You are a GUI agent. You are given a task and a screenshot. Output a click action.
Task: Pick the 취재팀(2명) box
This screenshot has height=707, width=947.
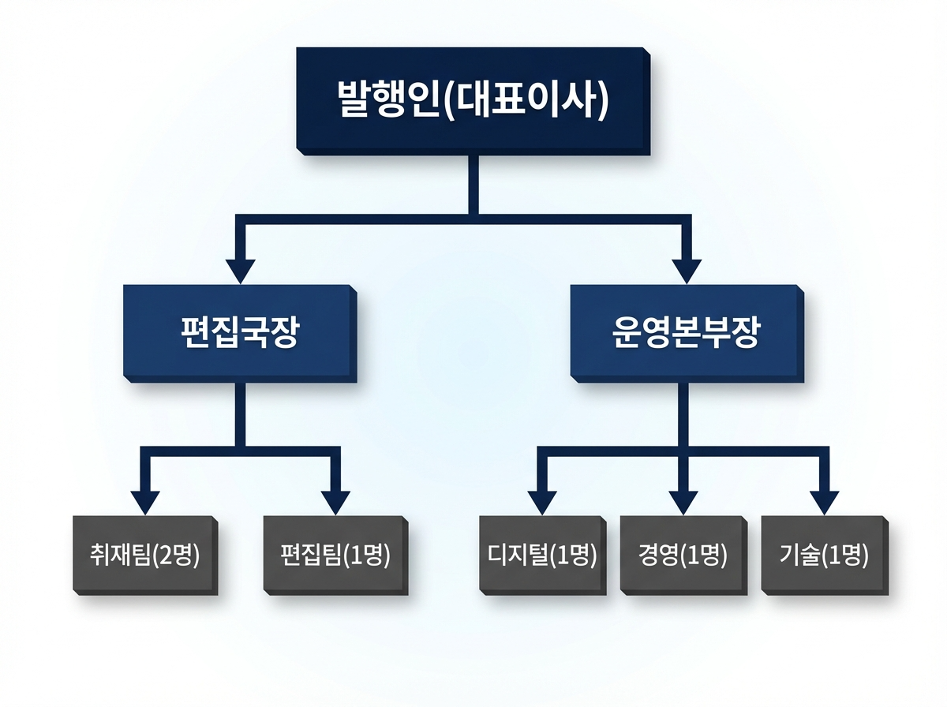pyautogui.click(x=144, y=554)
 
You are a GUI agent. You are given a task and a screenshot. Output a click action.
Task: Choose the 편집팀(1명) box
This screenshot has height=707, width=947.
pyautogui.click(x=335, y=554)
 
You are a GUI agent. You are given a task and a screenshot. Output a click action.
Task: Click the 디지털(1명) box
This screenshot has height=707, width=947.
pyautogui.click(x=542, y=554)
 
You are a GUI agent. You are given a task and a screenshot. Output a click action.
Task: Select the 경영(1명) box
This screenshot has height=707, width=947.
pyautogui.click(x=682, y=554)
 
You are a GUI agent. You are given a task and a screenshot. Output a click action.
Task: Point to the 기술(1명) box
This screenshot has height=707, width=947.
pyautogui.click(x=823, y=554)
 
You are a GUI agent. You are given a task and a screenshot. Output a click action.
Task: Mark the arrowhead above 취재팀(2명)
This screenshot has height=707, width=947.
pyautogui.click(x=144, y=502)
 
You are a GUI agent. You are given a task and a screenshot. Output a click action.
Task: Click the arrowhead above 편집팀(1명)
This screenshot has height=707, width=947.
pyautogui.click(x=335, y=502)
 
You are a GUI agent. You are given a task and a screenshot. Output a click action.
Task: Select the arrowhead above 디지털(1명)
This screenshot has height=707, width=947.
pyautogui.click(x=542, y=502)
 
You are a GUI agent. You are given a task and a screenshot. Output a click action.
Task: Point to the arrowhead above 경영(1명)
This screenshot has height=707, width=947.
pyautogui.click(x=683, y=502)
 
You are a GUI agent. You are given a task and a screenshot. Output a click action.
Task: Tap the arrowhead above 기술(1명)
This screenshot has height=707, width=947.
pyautogui.click(x=823, y=502)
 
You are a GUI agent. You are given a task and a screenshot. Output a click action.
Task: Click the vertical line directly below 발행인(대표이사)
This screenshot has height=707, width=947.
pyautogui.click(x=473, y=183)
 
